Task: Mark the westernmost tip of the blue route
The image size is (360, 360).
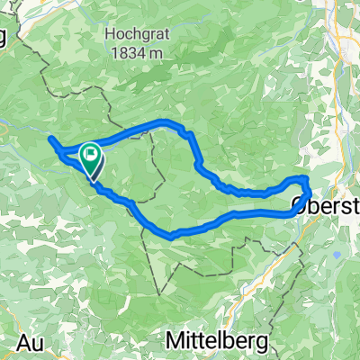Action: click(x=50, y=141)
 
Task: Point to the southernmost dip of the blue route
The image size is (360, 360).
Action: click(x=171, y=236)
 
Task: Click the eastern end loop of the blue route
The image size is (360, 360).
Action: click(x=303, y=186)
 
